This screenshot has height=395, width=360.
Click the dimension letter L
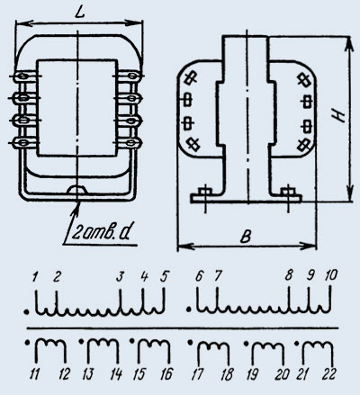tap(79, 13)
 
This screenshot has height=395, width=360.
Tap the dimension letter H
tap(338, 115)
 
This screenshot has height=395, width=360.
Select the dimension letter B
tap(247, 237)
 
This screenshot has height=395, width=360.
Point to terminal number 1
tap(35, 276)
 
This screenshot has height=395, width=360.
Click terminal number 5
tap(164, 276)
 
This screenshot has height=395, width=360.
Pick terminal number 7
tap(218, 275)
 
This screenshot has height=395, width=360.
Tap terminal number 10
tap(331, 275)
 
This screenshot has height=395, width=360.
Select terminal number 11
tap(34, 374)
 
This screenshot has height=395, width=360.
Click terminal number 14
tap(116, 374)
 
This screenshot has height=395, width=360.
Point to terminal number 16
tap(166, 374)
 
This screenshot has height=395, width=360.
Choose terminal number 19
tap(252, 374)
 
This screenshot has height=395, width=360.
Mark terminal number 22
tap(328, 374)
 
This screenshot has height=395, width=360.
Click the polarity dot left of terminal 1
tap(27, 312)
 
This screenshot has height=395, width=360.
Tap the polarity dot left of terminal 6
tap(188, 310)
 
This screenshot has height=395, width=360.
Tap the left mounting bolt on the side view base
tap(205, 193)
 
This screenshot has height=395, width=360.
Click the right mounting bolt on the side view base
tap(288, 193)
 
